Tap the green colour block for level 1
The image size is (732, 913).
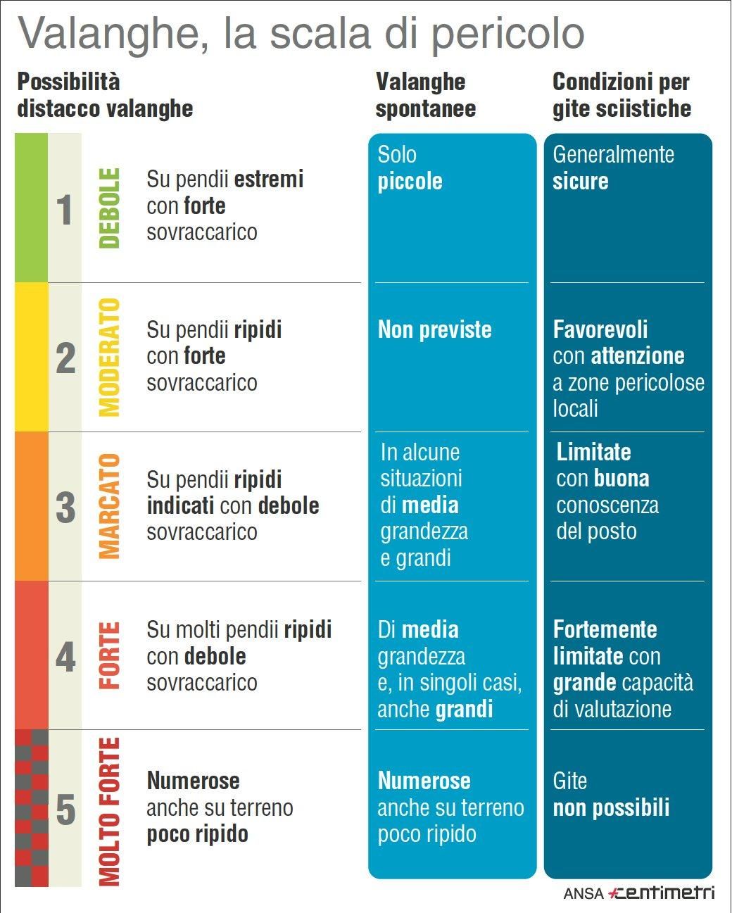pos(31,208)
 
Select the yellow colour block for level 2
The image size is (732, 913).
pos(31,357)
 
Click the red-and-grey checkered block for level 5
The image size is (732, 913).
pos(31,807)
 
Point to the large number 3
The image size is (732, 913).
pos(65,507)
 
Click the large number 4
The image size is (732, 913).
pos(65,657)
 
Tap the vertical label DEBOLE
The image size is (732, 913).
pos(109,208)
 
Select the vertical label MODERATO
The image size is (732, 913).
pos(109,357)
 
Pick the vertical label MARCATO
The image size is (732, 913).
pos(109,507)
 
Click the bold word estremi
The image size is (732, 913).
pos(268,180)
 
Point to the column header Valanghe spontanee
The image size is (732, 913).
pos(425,95)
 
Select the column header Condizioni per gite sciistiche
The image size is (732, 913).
pos(621,95)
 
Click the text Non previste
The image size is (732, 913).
pos(434,329)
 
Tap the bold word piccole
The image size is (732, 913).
pos(410,182)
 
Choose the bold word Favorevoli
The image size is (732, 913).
pos(600,329)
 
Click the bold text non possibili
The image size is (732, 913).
pos(611,807)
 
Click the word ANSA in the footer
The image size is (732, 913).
pos(583,893)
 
